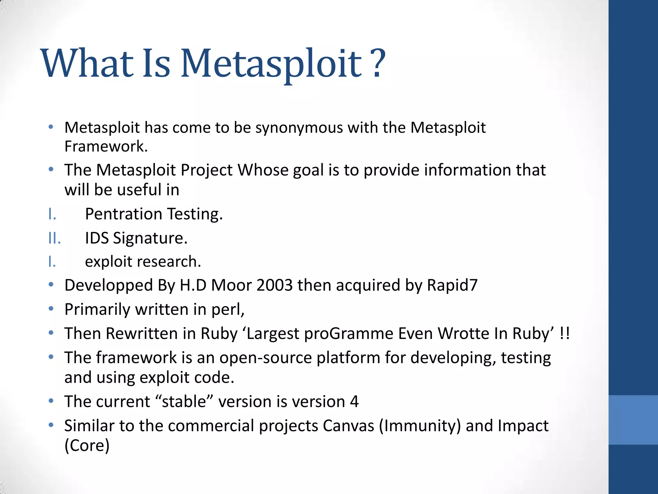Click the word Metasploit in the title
point(271,64)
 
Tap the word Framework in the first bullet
point(106,146)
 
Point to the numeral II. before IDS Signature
point(54,238)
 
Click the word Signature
point(150,238)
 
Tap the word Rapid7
point(452,285)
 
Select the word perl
point(228,309)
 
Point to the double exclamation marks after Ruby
point(565,333)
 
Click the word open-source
point(266,358)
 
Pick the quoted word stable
point(184,402)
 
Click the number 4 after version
point(354,402)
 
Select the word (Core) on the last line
point(87,445)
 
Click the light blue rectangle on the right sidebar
point(633,420)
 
